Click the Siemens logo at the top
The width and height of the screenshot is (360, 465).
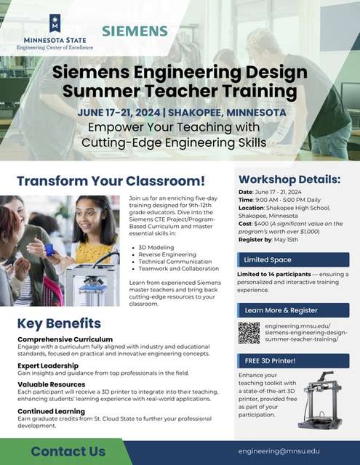coord(135,31)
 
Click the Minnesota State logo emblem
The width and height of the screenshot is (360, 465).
coord(54,22)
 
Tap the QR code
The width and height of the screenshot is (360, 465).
coord(249,333)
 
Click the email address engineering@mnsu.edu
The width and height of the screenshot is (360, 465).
coord(279,450)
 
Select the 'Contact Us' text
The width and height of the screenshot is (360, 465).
coord(68,451)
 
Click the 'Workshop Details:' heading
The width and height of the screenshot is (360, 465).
coord(289,179)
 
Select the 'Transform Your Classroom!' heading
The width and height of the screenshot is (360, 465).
coord(111,181)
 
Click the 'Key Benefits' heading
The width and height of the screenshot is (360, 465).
coord(59,323)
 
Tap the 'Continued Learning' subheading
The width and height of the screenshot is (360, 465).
coord(52,411)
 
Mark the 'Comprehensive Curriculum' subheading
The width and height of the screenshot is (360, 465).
coord(65,339)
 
